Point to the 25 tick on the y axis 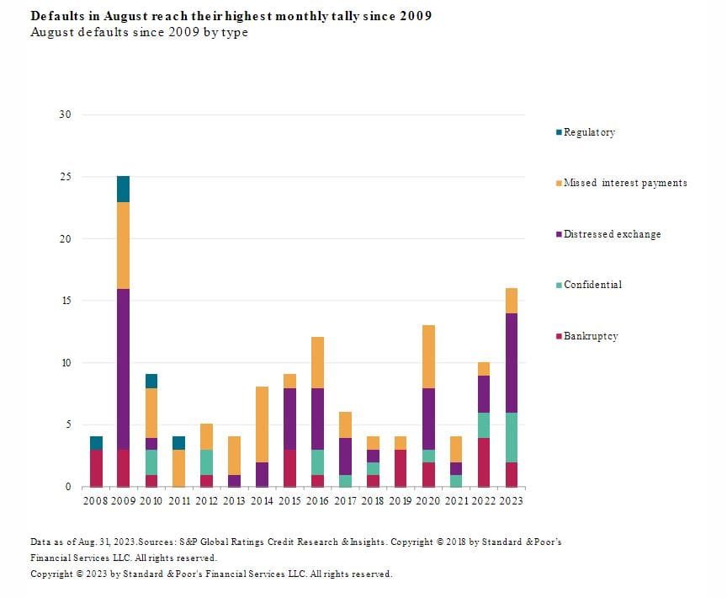pos(65,177)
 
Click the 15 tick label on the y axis pos(65,301)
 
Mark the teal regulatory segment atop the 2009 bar pos(123,190)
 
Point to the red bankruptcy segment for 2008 pos(96,467)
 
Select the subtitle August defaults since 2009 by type pos(139,32)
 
